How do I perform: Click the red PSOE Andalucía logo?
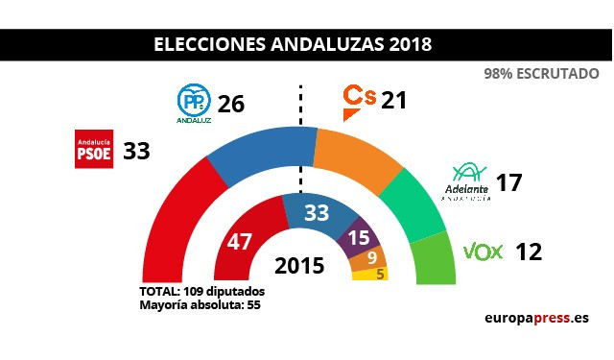coord(94,150)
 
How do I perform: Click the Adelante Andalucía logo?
coord(472,182)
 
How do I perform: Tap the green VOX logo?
coord(484,252)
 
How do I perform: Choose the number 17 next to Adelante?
coord(508,181)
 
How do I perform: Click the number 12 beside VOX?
coord(529,252)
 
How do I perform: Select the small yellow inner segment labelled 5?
coord(368,274)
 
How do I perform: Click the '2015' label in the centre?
coord(301,265)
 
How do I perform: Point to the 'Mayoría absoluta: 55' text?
coord(201,304)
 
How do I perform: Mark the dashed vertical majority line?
coord(301,134)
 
